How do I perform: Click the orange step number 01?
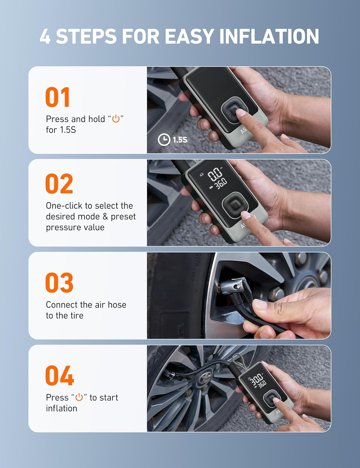tap(57, 97)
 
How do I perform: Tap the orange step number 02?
tap(59, 184)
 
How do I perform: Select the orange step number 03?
tap(59, 283)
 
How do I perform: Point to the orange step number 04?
tap(59, 376)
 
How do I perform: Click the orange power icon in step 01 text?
tap(116, 119)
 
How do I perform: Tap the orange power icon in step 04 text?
tap(79, 397)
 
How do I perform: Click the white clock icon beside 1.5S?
tap(164, 139)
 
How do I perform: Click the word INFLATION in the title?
tap(269, 36)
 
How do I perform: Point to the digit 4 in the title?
tap(45, 37)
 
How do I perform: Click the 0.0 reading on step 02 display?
tap(215, 174)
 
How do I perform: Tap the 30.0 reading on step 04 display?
tap(257, 380)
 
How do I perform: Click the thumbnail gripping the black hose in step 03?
tap(260, 305)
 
